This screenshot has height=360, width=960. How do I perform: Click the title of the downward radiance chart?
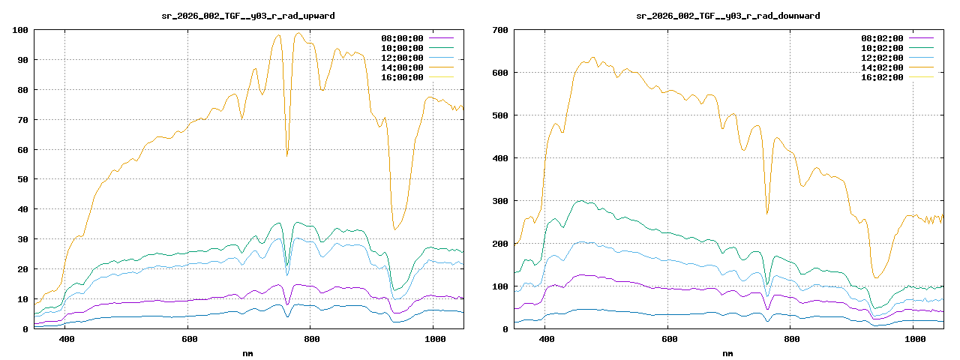[x=727, y=16]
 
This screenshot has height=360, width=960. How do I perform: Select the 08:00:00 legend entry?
[x=403, y=38]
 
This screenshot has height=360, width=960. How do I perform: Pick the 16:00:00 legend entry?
[x=403, y=77]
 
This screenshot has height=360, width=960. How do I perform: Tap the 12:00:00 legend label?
[x=403, y=58]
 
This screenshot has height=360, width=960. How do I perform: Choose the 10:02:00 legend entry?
[x=883, y=48]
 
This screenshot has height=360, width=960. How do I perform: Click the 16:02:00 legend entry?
[x=883, y=77]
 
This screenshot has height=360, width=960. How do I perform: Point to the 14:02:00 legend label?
[x=883, y=67]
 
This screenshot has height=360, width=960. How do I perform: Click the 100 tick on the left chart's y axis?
[x=20, y=30]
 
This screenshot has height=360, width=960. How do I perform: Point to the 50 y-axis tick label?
[x=22, y=179]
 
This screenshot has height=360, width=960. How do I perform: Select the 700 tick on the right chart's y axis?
[x=500, y=30]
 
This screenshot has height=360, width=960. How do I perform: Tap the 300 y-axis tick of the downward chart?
[x=500, y=201]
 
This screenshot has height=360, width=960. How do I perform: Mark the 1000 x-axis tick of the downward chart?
[x=913, y=340]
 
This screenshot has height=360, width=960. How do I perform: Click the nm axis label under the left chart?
[x=248, y=353]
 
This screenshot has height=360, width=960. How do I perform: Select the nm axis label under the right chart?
[x=728, y=353]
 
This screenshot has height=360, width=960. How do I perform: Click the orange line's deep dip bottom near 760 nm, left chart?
[x=286, y=156]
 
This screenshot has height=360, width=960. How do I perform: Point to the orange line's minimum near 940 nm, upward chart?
[x=395, y=229]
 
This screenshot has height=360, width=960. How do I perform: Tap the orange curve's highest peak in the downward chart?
[x=592, y=57]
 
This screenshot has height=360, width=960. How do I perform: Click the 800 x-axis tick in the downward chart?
[x=790, y=340]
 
